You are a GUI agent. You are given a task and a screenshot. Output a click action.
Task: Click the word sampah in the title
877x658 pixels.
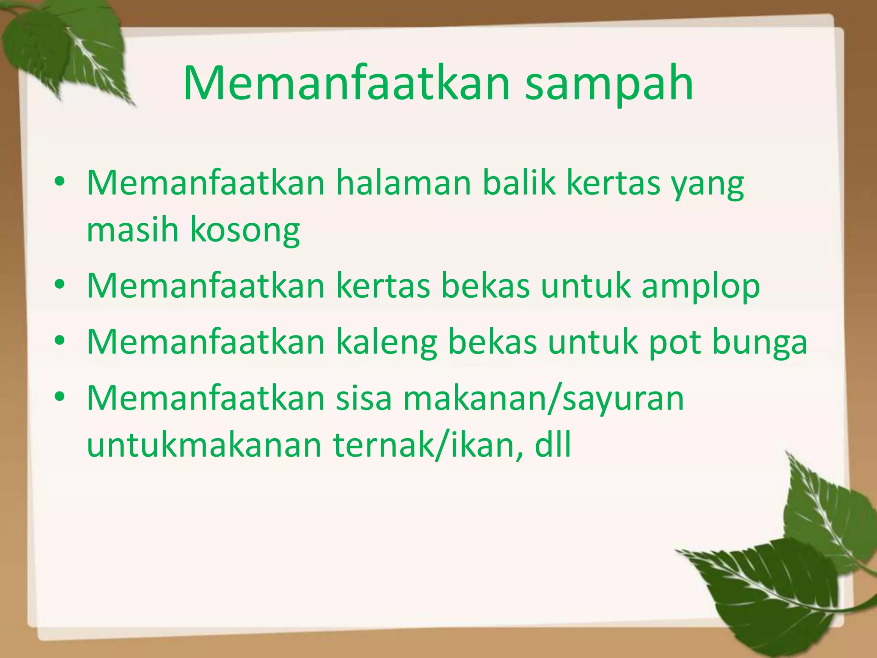click(609, 84)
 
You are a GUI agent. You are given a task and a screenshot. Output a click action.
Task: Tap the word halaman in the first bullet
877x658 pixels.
click(403, 183)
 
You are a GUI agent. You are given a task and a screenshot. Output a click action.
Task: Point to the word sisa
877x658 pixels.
click(364, 398)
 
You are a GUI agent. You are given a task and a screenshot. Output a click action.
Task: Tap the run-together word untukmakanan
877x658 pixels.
click(204, 446)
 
